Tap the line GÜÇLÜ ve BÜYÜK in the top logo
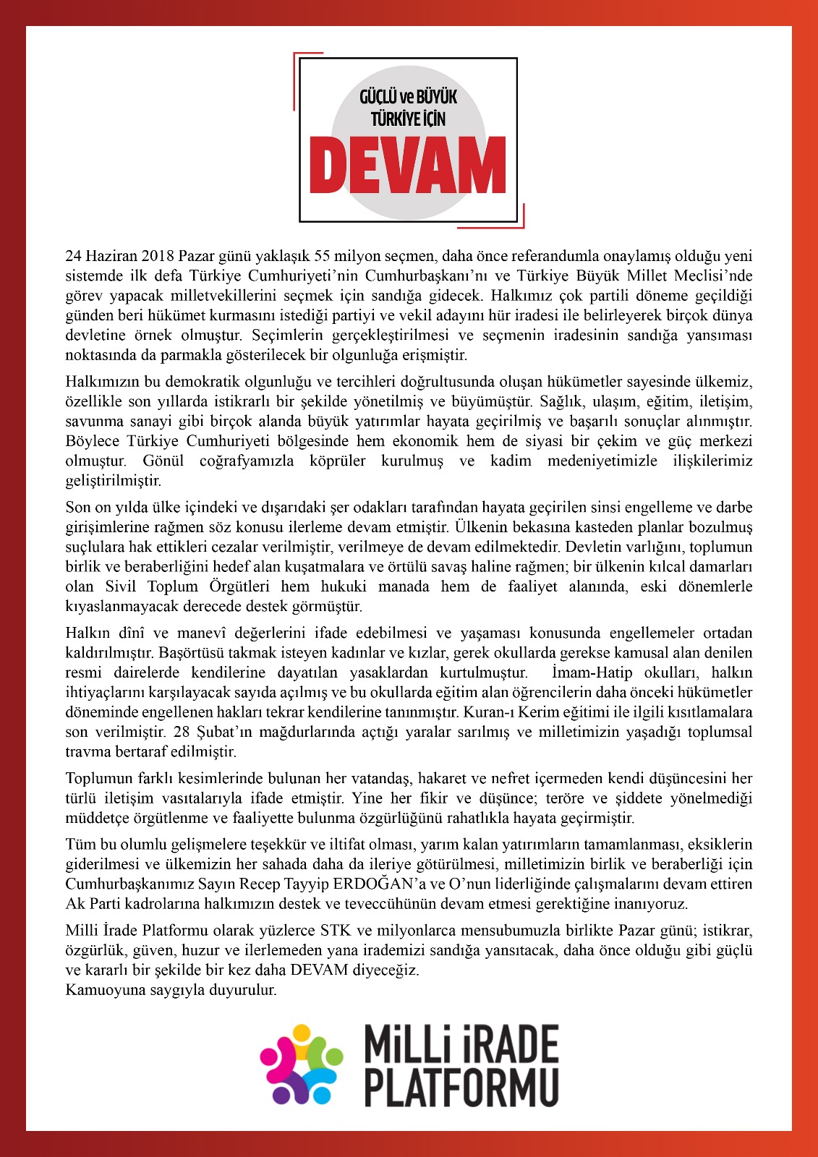[408, 97]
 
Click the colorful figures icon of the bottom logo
[302, 1064]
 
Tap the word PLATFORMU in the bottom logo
[461, 1086]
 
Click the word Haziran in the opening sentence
[110, 256]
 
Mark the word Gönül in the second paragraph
[163, 461]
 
